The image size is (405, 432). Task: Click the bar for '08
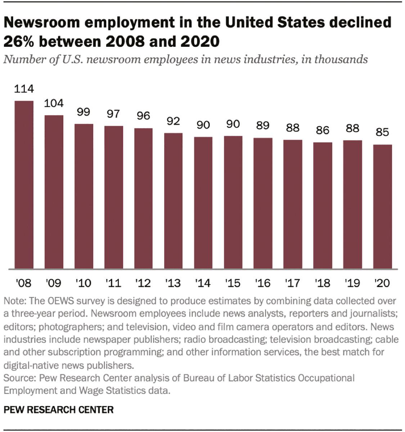(24, 185)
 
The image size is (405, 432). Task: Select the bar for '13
(173, 201)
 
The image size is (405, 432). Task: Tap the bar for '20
(382, 207)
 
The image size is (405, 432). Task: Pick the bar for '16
(263, 203)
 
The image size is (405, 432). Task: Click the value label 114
(24, 89)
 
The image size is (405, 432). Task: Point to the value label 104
(54, 103)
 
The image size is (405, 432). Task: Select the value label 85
(382, 132)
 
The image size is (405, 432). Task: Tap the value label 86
(323, 130)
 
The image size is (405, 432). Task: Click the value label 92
(173, 121)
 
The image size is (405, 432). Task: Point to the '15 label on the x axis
(233, 283)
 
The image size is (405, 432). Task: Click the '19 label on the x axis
(352, 283)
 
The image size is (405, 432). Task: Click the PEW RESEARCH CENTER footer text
(58, 410)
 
